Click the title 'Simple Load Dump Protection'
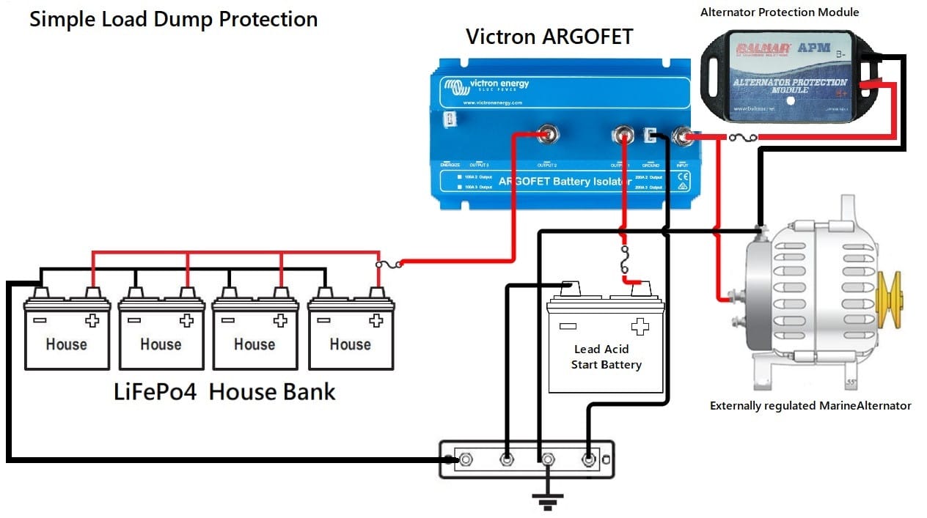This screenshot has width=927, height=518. [x=173, y=19]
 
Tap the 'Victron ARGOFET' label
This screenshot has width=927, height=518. [x=549, y=37]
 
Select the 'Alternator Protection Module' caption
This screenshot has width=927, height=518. [x=780, y=12]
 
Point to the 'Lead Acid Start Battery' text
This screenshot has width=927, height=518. [x=606, y=357]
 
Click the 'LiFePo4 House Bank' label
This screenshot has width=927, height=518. [x=224, y=392]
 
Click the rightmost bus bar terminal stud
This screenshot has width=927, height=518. [x=587, y=460]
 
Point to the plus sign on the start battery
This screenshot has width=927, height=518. [x=640, y=326]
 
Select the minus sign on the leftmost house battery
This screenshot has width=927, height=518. [x=38, y=320]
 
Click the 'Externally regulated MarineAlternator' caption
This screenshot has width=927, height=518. [x=810, y=405]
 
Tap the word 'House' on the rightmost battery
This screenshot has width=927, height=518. [x=350, y=344]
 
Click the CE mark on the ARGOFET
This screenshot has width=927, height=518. [x=683, y=177]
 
